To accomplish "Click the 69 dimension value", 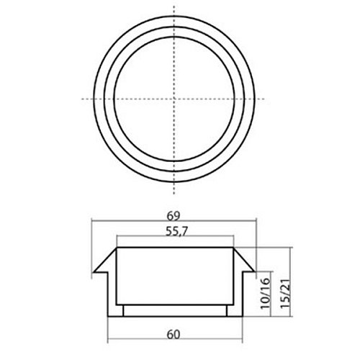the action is [x=174, y=216].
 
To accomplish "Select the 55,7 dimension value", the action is [x=176, y=232].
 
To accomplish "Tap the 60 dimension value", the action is [x=174, y=335].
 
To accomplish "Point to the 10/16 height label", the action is [x=266, y=294].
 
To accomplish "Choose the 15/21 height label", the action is [x=286, y=294].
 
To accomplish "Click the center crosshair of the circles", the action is [x=174, y=99].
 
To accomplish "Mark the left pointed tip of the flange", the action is [x=94, y=272].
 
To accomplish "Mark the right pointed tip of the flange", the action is [x=254, y=271].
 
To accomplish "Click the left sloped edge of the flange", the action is [x=105, y=260].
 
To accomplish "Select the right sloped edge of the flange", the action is [x=244, y=259].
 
